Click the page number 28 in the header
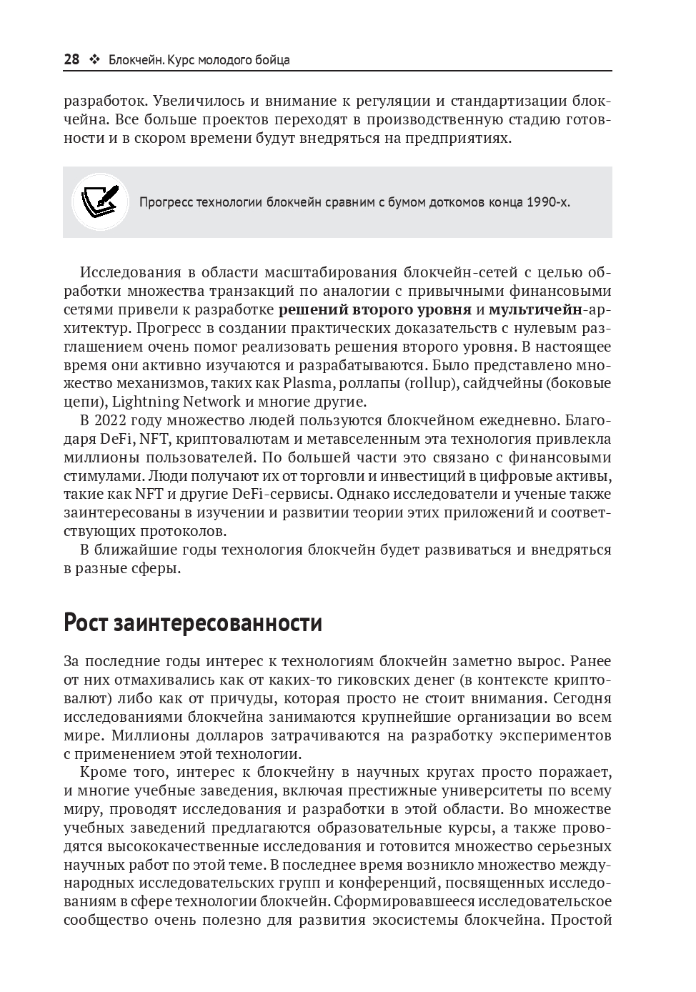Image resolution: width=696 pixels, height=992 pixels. [x=71, y=59]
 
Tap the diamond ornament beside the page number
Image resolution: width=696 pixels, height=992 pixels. [x=94, y=59]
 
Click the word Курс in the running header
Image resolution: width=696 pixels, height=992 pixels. [x=182, y=59]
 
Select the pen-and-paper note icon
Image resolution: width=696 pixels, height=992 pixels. [x=99, y=201]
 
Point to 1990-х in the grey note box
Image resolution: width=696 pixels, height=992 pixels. [x=548, y=202]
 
